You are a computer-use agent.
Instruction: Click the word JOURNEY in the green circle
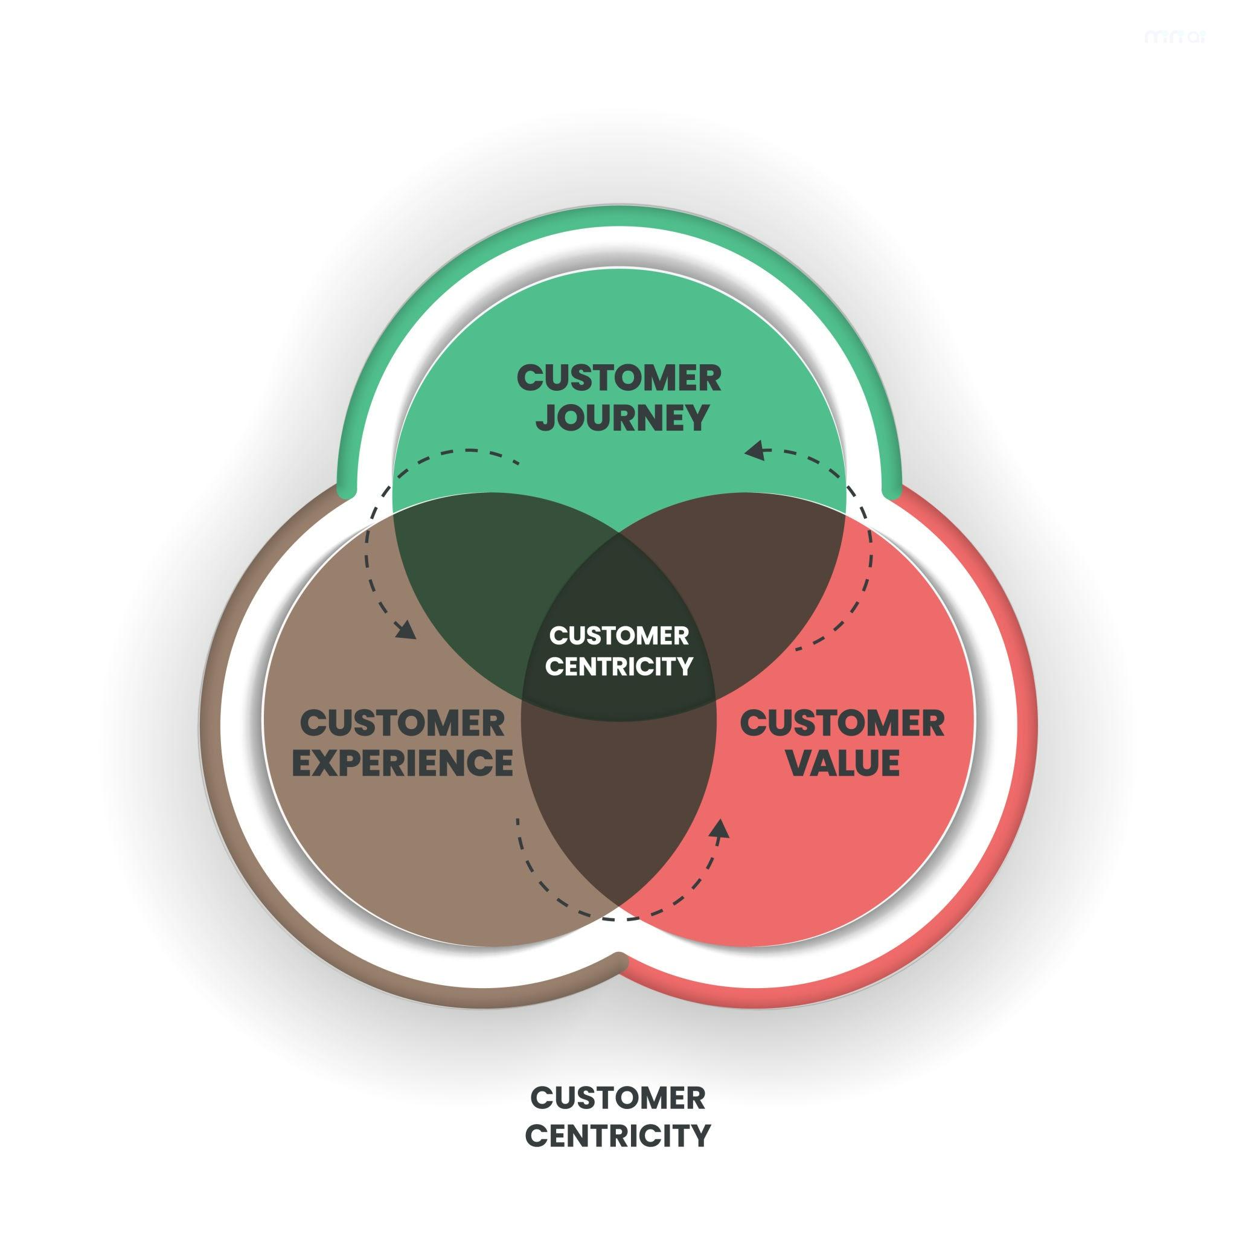point(621,417)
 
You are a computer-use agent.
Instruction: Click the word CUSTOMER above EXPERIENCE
point(403,724)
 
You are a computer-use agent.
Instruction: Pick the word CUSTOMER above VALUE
point(842,724)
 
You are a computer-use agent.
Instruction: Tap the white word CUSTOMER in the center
point(619,636)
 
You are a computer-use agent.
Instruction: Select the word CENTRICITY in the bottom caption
point(618,1135)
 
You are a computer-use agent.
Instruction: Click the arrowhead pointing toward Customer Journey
point(756,450)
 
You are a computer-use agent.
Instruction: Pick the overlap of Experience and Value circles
point(619,807)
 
